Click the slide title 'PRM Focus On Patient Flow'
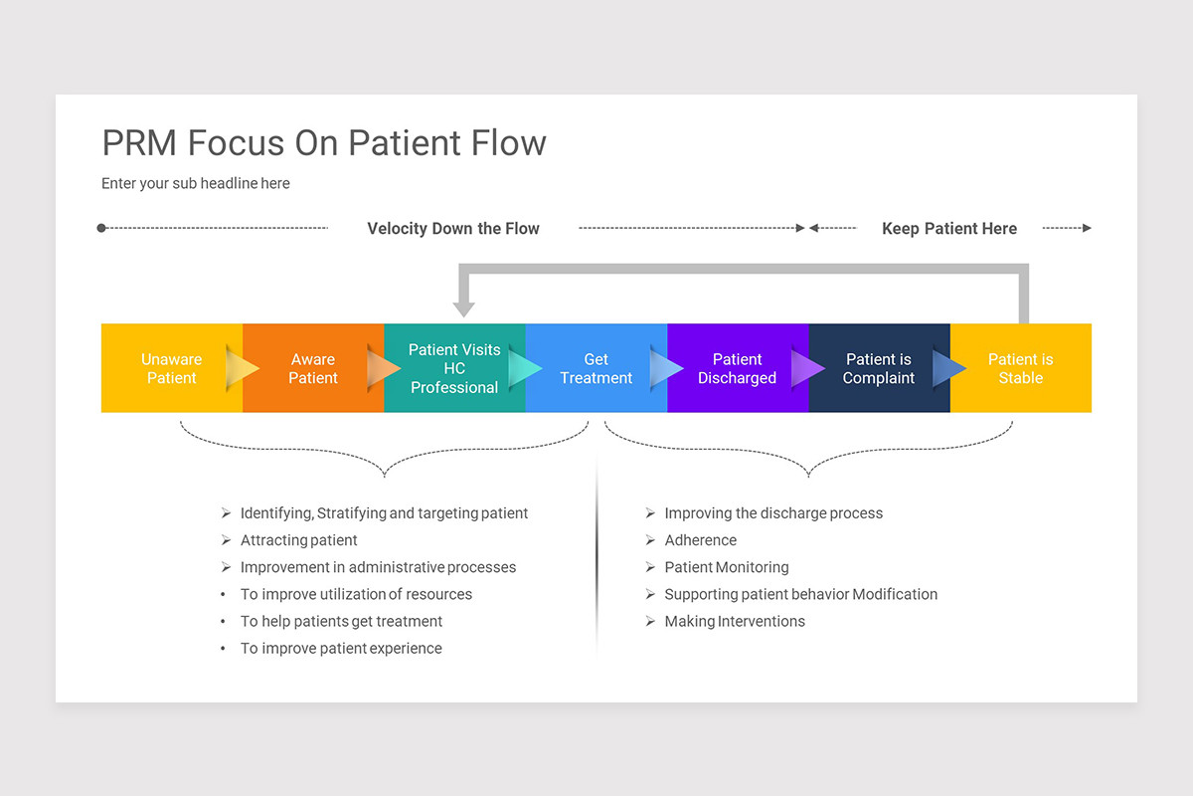coord(324,143)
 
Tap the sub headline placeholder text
coord(196,183)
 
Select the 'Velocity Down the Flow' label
coord(453,228)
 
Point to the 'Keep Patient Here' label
coord(949,228)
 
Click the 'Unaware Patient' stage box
coord(171,368)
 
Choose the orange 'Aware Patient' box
coord(313,368)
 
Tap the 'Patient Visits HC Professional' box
coord(455,368)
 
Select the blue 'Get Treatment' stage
coord(596,368)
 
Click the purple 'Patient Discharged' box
coord(738,368)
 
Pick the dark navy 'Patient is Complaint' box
coord(879,368)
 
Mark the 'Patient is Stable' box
coord(1021,368)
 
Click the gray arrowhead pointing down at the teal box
coord(464,309)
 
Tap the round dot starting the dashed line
coord(101,228)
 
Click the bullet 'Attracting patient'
coord(298,540)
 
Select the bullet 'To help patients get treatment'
coord(341,621)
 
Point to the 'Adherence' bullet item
coord(700,540)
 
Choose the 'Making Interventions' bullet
coord(735,621)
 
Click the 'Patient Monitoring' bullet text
coord(727,567)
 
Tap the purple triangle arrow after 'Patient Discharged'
coord(807,368)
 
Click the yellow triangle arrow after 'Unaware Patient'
coord(242,368)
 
